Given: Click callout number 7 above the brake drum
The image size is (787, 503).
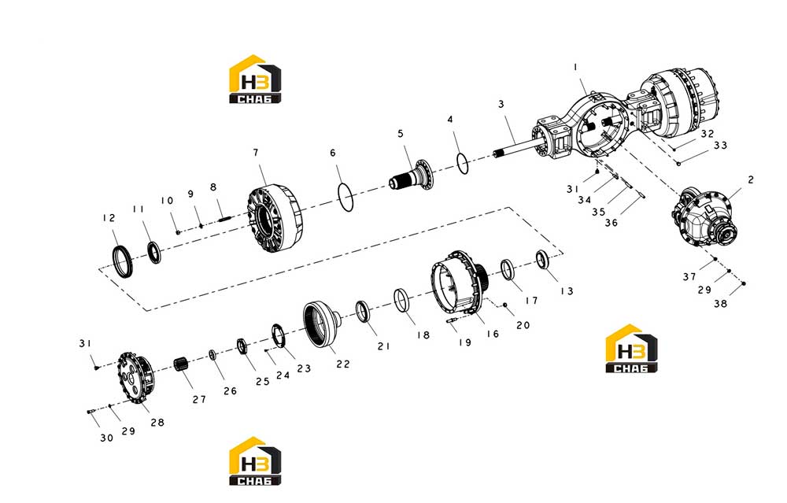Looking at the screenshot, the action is (x=256, y=152).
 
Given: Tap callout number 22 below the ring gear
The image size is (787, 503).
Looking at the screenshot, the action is (x=343, y=364).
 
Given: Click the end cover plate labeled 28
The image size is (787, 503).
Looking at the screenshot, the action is (x=135, y=378).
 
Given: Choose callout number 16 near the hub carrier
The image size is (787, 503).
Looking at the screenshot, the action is (x=493, y=334).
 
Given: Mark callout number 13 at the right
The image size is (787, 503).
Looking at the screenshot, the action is (x=567, y=291).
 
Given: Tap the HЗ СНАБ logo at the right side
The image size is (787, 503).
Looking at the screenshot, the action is (x=631, y=349).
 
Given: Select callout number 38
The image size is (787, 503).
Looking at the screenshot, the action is (x=720, y=303).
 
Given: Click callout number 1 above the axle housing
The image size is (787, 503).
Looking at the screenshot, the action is (x=576, y=67).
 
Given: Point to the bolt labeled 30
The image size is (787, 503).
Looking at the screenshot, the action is (x=91, y=412).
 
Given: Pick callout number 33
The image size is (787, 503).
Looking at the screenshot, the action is (x=721, y=146).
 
